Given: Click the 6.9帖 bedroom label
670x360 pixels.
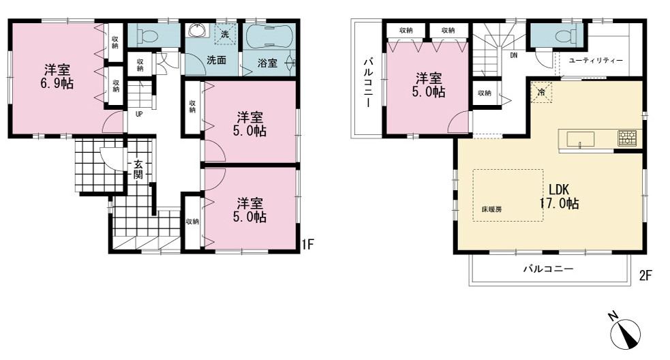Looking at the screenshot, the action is (x=57, y=76).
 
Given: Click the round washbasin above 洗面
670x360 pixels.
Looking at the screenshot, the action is (x=197, y=30).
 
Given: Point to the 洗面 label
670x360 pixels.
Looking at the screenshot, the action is (x=216, y=60).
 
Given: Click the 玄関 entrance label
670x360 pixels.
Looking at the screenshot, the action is (x=138, y=169).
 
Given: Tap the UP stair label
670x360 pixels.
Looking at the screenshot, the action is (x=139, y=114).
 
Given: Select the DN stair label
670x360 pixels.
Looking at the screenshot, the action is (x=514, y=55).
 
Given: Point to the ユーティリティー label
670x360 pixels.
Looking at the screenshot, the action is (x=596, y=60).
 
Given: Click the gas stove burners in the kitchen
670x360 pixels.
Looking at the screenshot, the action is (x=627, y=138).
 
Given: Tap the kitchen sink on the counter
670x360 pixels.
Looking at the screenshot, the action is (x=580, y=139).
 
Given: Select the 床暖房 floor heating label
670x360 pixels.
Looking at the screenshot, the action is (x=491, y=209).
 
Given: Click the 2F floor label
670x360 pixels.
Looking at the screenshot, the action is (x=645, y=275).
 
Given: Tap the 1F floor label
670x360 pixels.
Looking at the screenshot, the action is (x=307, y=244).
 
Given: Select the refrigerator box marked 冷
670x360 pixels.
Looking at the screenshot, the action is (x=541, y=92).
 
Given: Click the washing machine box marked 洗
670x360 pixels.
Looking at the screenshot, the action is (x=225, y=34).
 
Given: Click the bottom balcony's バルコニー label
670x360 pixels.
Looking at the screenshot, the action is (x=549, y=269).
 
